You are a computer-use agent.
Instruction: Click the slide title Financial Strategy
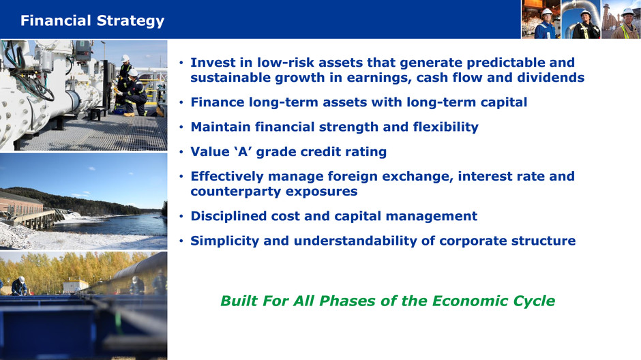[92, 21]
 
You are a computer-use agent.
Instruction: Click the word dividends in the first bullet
[551, 78]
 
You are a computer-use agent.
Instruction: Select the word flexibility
[445, 127]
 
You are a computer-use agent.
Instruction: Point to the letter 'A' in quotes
[243, 152]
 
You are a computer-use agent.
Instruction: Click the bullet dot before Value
[181, 153]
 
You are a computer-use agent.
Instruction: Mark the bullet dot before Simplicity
[181, 241]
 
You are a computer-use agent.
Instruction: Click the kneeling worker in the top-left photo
[136, 93]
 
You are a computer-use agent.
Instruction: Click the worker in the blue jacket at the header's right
[546, 24]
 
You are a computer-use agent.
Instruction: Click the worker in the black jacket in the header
[586, 25]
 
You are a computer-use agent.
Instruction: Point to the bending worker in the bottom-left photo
[19, 286]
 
